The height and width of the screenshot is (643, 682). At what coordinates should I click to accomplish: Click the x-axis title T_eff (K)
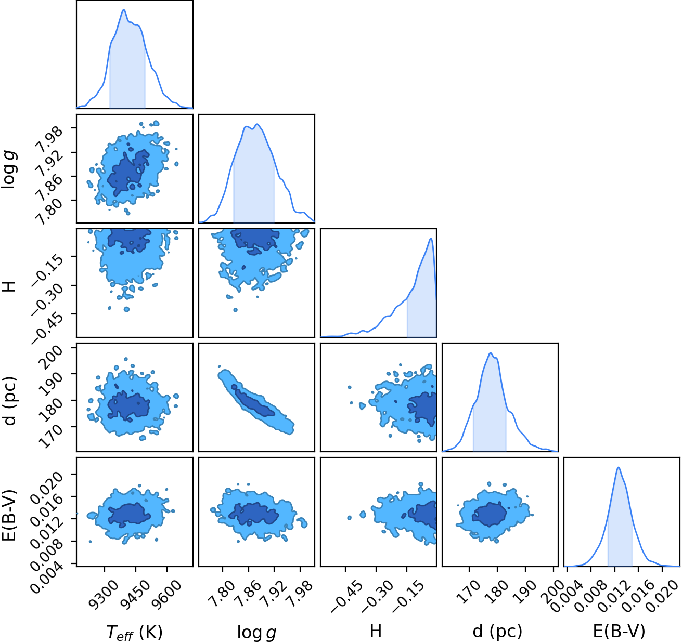135,632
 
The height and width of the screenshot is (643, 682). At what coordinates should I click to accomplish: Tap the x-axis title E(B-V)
619,631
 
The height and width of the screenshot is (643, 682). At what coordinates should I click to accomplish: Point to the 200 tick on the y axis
52,358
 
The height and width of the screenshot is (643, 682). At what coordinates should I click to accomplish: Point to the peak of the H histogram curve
431,239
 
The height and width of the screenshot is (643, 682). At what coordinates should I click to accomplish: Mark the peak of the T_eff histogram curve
124,9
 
